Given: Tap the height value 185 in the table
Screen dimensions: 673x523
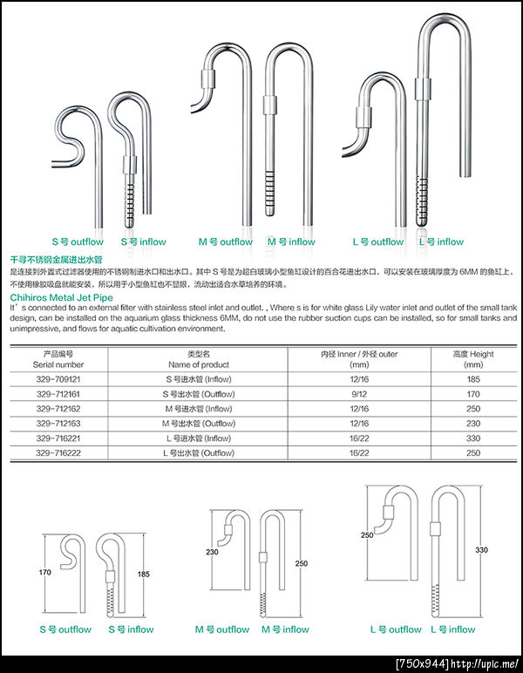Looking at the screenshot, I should [473, 380].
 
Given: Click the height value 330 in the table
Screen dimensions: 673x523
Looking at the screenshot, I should [473, 438].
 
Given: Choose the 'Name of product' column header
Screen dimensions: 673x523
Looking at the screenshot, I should [199, 364].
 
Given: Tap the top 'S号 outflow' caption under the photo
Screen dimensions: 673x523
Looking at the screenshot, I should [77, 241].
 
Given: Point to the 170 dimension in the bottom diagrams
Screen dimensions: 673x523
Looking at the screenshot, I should [45, 573].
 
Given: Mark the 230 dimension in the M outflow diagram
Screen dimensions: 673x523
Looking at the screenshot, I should [212, 551].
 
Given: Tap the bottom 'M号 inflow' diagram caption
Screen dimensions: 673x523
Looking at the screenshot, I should [286, 629].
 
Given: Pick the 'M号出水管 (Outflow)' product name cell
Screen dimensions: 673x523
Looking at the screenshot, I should [199, 424].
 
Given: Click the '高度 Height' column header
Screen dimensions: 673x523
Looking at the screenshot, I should [473, 355].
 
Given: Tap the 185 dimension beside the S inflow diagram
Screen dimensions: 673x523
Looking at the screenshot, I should [145, 574].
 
